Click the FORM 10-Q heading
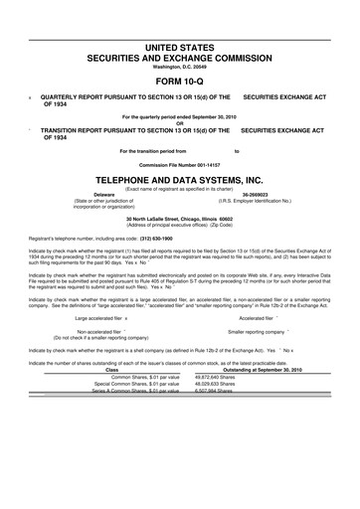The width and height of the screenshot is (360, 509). (x=180, y=83)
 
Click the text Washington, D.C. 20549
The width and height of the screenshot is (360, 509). (x=180, y=66)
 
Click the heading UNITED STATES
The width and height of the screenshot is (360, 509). (x=180, y=48)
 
